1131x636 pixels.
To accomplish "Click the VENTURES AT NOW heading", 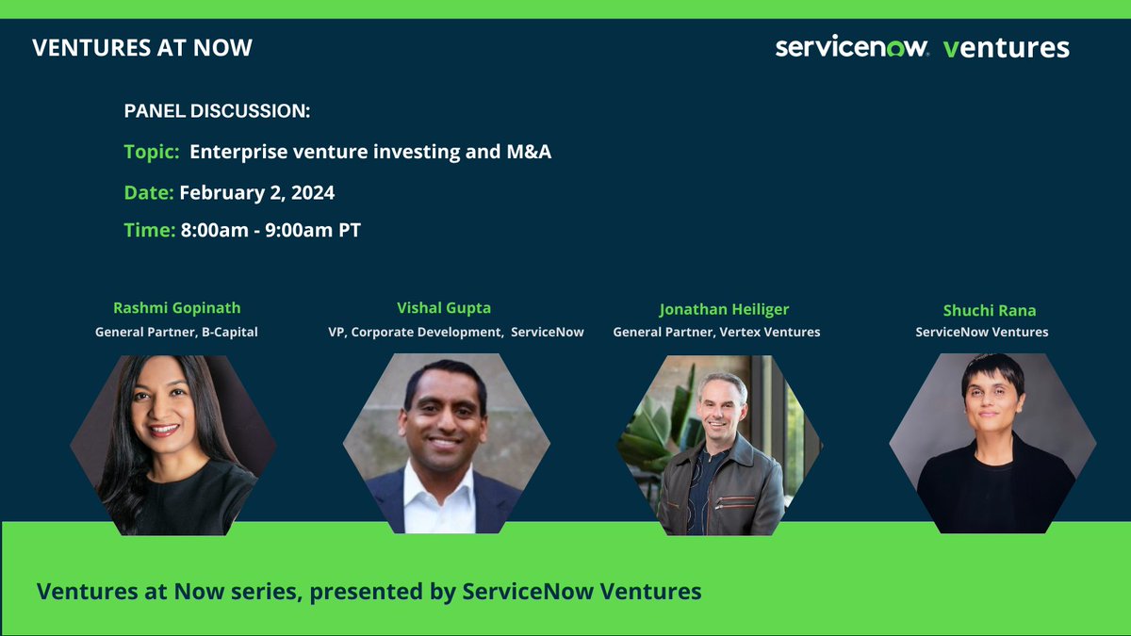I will click(142, 47).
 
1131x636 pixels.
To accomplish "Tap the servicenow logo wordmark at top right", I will click(852, 47).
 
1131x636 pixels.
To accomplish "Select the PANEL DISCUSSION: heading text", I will click(217, 111).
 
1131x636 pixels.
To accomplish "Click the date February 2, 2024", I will click(256, 193).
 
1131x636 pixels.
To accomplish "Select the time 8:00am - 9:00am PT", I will click(270, 231).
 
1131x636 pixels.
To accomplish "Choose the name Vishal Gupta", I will click(444, 308).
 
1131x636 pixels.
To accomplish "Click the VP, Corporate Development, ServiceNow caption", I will click(456, 332).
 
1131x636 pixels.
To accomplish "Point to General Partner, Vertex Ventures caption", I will click(716, 332).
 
